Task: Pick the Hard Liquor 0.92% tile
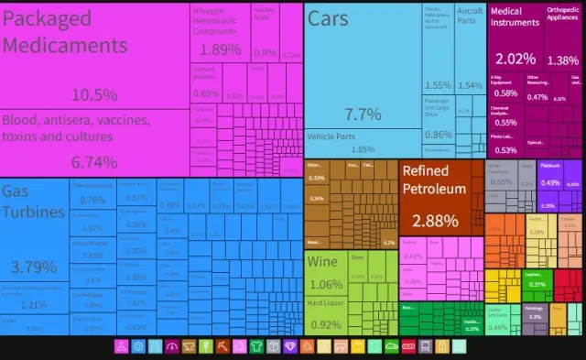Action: coord(326,315)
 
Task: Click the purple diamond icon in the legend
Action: coord(290,347)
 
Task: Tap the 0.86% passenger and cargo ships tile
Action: coord(437,119)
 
